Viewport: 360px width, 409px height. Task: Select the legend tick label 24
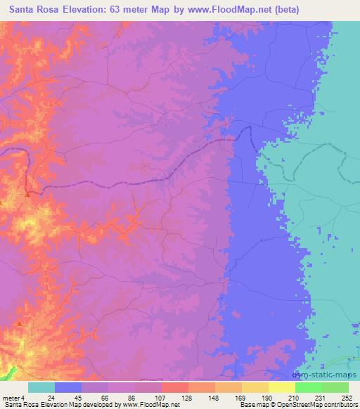(51, 397)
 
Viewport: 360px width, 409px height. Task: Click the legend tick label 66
(104, 397)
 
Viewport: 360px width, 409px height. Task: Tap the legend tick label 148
(213, 397)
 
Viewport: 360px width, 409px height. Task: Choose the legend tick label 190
(266, 397)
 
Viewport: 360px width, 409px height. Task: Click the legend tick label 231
(319, 397)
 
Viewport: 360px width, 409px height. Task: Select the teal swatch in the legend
(41, 387)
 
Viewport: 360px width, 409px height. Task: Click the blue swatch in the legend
(68, 387)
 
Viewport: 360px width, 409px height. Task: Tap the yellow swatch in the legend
(281, 387)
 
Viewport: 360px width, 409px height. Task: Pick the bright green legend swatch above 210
(308, 387)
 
